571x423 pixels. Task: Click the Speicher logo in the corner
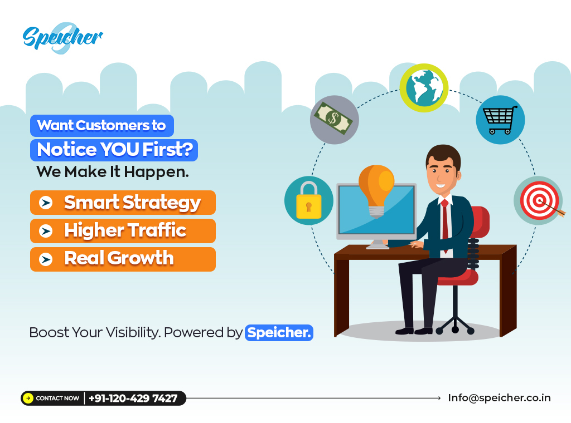click(62, 38)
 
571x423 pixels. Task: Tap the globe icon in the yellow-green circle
click(424, 87)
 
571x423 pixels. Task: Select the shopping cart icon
click(500, 120)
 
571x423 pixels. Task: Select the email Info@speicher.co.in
click(499, 398)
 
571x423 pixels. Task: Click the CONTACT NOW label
click(57, 399)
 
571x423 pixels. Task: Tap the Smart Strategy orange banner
click(123, 203)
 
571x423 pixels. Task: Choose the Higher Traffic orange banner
click(123, 230)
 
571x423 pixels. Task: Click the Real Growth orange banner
click(123, 259)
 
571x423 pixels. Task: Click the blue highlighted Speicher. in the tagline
click(279, 333)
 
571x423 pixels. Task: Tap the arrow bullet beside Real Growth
click(46, 259)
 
